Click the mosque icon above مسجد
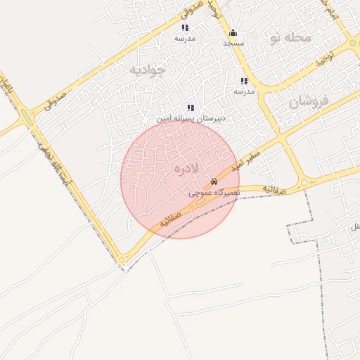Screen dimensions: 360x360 pyautogui.click(x=233, y=32)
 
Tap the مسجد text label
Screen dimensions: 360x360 pyautogui.click(x=233, y=43)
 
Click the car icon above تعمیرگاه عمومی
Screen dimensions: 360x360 pyautogui.click(x=214, y=182)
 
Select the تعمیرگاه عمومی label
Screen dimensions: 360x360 pyautogui.click(x=215, y=192)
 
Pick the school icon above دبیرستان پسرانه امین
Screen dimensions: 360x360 pyautogui.click(x=191, y=108)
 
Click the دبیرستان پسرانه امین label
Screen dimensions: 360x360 pyautogui.click(x=191, y=119)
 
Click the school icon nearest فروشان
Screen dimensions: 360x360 pyautogui.click(x=244, y=82)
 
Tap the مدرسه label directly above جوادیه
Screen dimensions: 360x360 pyautogui.click(x=185, y=39)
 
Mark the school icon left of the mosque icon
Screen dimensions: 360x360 pyautogui.click(x=185, y=28)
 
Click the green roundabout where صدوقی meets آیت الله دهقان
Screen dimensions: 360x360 pyautogui.click(x=27, y=116)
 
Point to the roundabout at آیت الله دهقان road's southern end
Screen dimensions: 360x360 pyautogui.click(x=122, y=259)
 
